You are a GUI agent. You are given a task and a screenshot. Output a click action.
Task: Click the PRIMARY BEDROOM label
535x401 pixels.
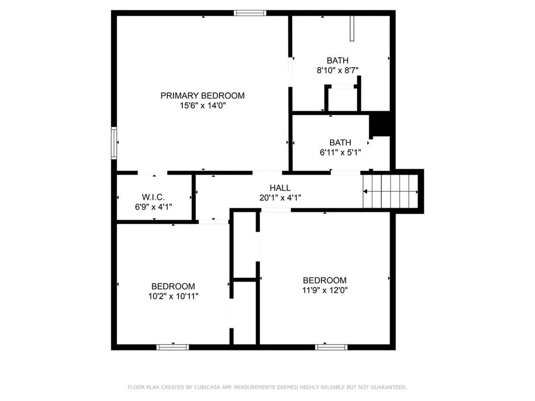point(202,96)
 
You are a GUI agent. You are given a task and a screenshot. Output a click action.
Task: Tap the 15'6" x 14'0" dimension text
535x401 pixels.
point(202,105)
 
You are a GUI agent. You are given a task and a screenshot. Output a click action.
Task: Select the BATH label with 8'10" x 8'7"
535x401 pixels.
point(338,61)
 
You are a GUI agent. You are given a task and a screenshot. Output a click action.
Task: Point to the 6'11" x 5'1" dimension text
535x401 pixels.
point(340,152)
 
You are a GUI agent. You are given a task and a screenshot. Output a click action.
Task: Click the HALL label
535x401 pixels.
point(280,188)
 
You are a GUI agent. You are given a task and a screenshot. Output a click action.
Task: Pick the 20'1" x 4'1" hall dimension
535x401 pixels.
point(280,197)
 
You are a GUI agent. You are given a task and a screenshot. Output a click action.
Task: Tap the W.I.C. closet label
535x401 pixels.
point(154,197)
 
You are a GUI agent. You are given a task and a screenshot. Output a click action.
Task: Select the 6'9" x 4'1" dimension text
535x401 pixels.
point(154,206)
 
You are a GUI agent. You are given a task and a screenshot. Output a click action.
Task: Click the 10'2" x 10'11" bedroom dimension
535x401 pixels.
point(173,296)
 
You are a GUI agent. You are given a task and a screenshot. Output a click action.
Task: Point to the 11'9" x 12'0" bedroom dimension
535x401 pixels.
point(324,290)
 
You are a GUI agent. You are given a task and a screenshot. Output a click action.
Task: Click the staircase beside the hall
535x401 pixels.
point(391,191)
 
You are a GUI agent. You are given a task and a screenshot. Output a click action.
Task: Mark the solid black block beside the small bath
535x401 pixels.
point(380,125)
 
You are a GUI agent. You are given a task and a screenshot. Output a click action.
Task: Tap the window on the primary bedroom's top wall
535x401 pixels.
point(250,13)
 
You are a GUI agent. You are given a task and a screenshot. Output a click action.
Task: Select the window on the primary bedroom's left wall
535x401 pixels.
point(113,143)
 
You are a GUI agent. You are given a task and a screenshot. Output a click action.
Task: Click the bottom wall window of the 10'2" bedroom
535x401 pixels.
point(173,347)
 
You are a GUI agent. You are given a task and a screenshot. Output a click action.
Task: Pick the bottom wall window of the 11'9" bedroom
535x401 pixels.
point(331,347)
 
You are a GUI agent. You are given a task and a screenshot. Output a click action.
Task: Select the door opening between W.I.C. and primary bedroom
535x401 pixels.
point(153,172)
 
